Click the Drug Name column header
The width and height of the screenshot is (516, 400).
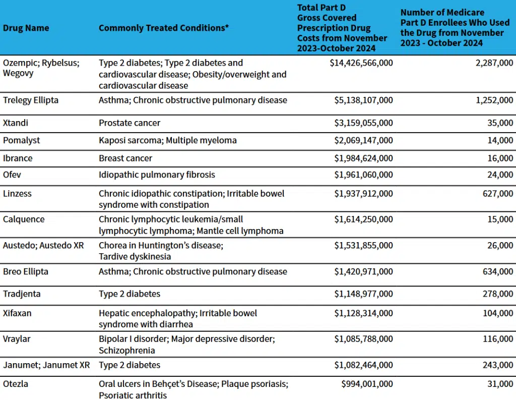coord(26,28)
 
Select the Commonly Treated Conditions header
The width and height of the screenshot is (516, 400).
coord(164,28)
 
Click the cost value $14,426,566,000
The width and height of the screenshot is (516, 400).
coord(357,63)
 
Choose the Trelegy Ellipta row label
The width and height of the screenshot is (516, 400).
coord(31,100)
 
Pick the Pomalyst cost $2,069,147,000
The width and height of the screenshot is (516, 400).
coord(363,140)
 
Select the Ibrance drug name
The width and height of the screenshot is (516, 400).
coord(18,158)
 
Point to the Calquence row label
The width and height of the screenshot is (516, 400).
coord(24,219)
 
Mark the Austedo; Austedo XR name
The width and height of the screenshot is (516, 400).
coord(43,246)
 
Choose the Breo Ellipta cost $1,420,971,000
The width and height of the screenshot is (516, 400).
coord(363,272)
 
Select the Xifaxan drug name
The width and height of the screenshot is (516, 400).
coord(17,313)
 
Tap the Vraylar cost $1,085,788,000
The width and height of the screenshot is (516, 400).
coord(363,339)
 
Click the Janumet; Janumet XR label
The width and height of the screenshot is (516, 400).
coord(46,365)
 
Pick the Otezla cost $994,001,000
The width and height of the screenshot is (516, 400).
coord(367,384)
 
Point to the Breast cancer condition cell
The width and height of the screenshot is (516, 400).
coord(125,158)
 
